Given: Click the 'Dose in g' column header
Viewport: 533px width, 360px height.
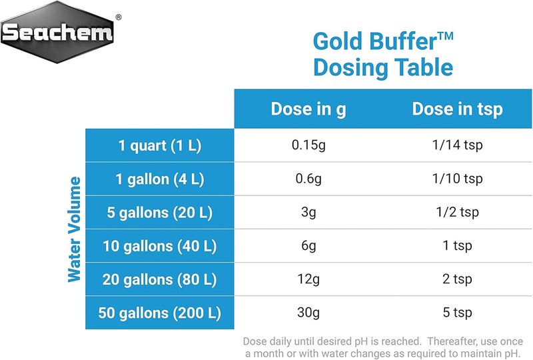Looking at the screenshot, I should pyautogui.click(x=308, y=109).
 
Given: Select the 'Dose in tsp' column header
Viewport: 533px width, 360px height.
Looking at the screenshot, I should pyautogui.click(x=456, y=109).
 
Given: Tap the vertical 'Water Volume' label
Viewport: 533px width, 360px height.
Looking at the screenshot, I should pyautogui.click(x=75, y=229).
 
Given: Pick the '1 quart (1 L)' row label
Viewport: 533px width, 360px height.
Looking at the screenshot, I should pyautogui.click(x=160, y=146).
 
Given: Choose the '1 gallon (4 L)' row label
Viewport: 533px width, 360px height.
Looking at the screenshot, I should pyautogui.click(x=160, y=179).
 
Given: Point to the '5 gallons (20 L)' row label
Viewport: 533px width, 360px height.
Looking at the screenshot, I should pyautogui.click(x=160, y=213).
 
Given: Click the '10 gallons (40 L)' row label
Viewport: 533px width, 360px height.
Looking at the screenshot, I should pyautogui.click(x=160, y=246).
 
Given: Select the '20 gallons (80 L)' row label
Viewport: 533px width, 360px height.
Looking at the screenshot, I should pyautogui.click(x=160, y=279).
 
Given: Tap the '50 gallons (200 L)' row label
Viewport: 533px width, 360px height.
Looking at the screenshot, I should pyautogui.click(x=160, y=313).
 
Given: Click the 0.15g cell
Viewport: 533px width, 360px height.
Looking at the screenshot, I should pyautogui.click(x=308, y=146).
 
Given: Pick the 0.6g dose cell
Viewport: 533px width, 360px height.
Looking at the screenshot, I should pyautogui.click(x=308, y=179).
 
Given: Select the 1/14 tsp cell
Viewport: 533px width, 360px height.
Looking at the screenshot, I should pyautogui.click(x=456, y=146).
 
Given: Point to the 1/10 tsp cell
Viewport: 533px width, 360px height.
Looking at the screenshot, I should pyautogui.click(x=456, y=179).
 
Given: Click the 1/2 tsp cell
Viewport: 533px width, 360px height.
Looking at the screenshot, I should pyautogui.click(x=456, y=213).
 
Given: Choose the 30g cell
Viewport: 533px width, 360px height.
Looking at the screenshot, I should pyautogui.click(x=308, y=313).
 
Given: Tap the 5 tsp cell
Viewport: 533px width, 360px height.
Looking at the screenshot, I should pyautogui.click(x=456, y=313).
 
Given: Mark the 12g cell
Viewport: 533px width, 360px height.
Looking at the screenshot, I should pyautogui.click(x=308, y=279).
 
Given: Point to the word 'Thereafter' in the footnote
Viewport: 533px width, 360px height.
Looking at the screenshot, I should pyautogui.click(x=454, y=339).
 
